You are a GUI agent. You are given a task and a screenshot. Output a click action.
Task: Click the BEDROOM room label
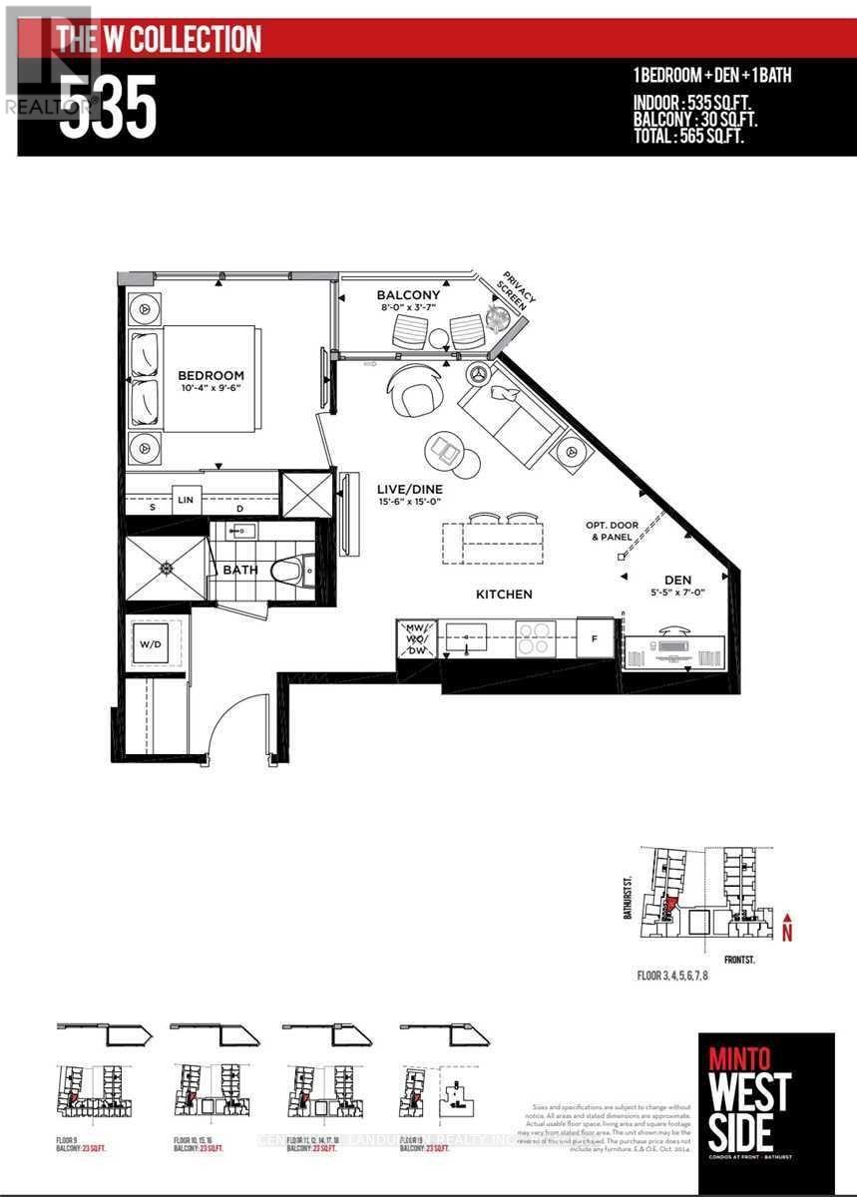pos(211,375)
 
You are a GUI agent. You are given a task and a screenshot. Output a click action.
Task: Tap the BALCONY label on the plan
pos(408,295)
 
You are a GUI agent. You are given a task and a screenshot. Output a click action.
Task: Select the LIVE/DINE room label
pos(409,489)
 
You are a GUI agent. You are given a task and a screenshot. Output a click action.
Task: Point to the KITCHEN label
pos(504,594)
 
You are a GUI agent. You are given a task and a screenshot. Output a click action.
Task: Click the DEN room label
pos(677,580)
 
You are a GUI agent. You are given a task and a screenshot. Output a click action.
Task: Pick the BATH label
pos(239,570)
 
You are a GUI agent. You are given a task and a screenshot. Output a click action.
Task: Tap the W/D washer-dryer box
pos(155,643)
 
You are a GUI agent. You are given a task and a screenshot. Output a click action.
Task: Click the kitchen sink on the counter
pos(465,634)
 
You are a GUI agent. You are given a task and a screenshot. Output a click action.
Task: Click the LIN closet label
pos(186,499)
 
